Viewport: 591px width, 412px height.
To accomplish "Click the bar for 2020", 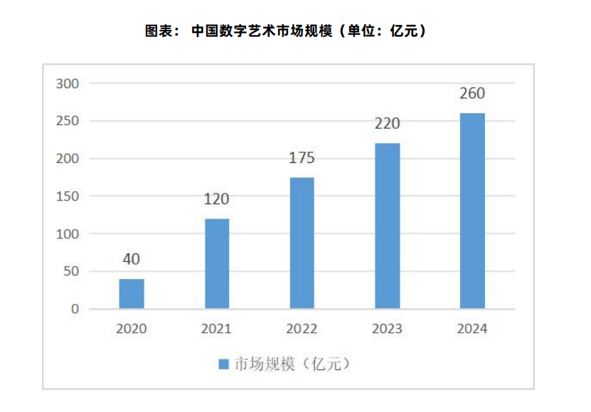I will pos(132,294).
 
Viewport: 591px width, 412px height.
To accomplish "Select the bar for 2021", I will pos(217,263).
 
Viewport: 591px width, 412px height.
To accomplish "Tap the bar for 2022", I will pos(302,243).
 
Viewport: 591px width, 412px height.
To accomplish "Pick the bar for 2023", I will pos(387,226).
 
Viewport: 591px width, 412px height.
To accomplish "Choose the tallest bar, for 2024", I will pos(472,211).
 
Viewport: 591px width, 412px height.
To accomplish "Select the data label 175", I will pos(302,159).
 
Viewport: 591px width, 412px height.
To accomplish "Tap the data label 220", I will pos(387,125).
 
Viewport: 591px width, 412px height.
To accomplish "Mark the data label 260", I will pos(472,94).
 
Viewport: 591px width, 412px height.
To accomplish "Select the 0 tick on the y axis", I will pos(74,310).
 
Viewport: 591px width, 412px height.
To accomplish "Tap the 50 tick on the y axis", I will pos(70,272).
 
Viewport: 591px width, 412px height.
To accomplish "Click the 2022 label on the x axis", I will pos(302,329).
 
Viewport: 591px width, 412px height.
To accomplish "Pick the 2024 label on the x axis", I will pos(472,329).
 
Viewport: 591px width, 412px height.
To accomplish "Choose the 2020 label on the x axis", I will pos(132,329).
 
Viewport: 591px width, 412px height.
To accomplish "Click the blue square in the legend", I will pos(223,364).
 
